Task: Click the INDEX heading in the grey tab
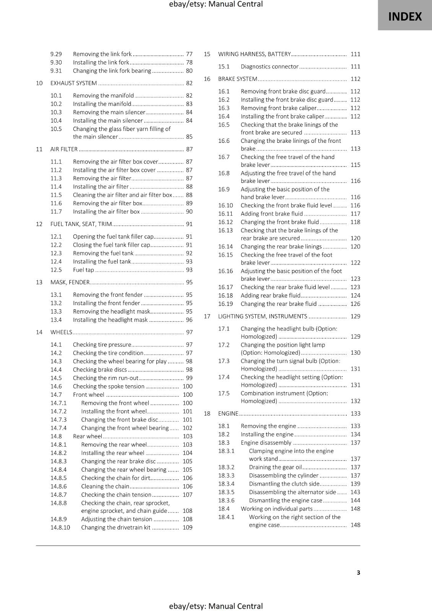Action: tap(405, 16)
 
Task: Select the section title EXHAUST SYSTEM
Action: tap(73, 83)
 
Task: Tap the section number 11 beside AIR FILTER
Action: tap(39, 149)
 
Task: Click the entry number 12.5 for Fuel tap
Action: tap(56, 270)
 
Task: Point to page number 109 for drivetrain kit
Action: tap(187, 527)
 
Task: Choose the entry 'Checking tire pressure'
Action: tap(102, 345)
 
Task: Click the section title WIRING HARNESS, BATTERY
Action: tap(254, 54)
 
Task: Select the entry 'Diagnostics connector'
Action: tap(270, 66)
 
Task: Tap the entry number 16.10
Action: tap(225, 205)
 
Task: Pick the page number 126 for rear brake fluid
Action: tap(355, 304)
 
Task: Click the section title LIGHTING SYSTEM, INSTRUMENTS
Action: tap(262, 317)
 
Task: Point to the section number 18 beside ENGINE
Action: tap(207, 414)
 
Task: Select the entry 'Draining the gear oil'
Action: tap(275, 467)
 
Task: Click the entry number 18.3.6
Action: tap(226, 501)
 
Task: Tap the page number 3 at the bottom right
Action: tap(358, 572)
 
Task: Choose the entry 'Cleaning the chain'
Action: tap(105, 487)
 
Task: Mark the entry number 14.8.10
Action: tap(60, 527)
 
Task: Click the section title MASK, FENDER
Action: tap(70, 283)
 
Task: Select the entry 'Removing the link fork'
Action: tap(102, 54)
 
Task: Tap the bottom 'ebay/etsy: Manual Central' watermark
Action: tap(216, 606)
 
